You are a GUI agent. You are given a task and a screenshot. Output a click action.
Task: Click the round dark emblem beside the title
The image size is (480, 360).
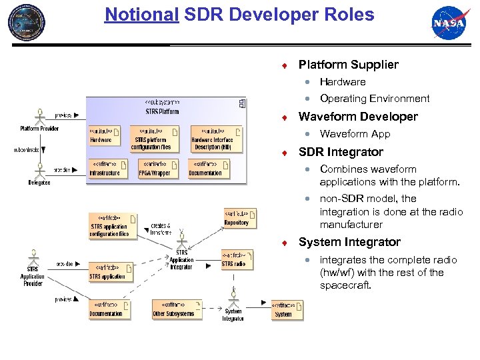click(27, 22)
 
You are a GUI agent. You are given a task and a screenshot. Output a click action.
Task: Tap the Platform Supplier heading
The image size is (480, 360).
click(348, 65)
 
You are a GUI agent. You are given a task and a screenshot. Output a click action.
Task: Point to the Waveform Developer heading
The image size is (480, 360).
click(358, 117)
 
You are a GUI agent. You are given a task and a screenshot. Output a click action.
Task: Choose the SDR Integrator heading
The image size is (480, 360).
click(341, 152)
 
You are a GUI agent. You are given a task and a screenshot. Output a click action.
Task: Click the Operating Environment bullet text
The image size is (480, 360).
click(375, 99)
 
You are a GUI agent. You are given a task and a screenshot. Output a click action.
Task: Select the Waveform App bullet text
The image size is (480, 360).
click(355, 134)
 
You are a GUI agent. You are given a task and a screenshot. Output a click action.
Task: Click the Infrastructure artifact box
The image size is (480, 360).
click(105, 169)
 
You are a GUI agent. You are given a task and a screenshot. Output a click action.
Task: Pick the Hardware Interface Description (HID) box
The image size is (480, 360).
click(212, 137)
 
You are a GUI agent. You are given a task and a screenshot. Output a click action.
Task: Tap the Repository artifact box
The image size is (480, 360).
click(239, 219)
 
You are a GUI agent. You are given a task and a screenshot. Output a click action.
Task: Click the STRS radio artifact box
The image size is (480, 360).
click(237, 260)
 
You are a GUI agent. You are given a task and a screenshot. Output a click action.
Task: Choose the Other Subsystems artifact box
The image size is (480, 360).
click(173, 309)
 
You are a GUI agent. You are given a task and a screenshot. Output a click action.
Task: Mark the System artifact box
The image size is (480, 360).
click(287, 310)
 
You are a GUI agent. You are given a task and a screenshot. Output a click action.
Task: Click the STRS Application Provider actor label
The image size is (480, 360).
click(32, 276)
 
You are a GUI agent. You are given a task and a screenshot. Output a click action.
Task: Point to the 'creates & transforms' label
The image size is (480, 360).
click(160, 229)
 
